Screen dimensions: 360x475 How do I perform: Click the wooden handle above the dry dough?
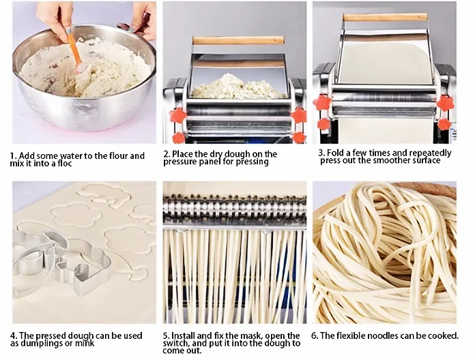click(x=238, y=40)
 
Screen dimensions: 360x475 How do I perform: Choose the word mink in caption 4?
click(x=83, y=344)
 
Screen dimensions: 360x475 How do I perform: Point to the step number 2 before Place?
click(x=166, y=155)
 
